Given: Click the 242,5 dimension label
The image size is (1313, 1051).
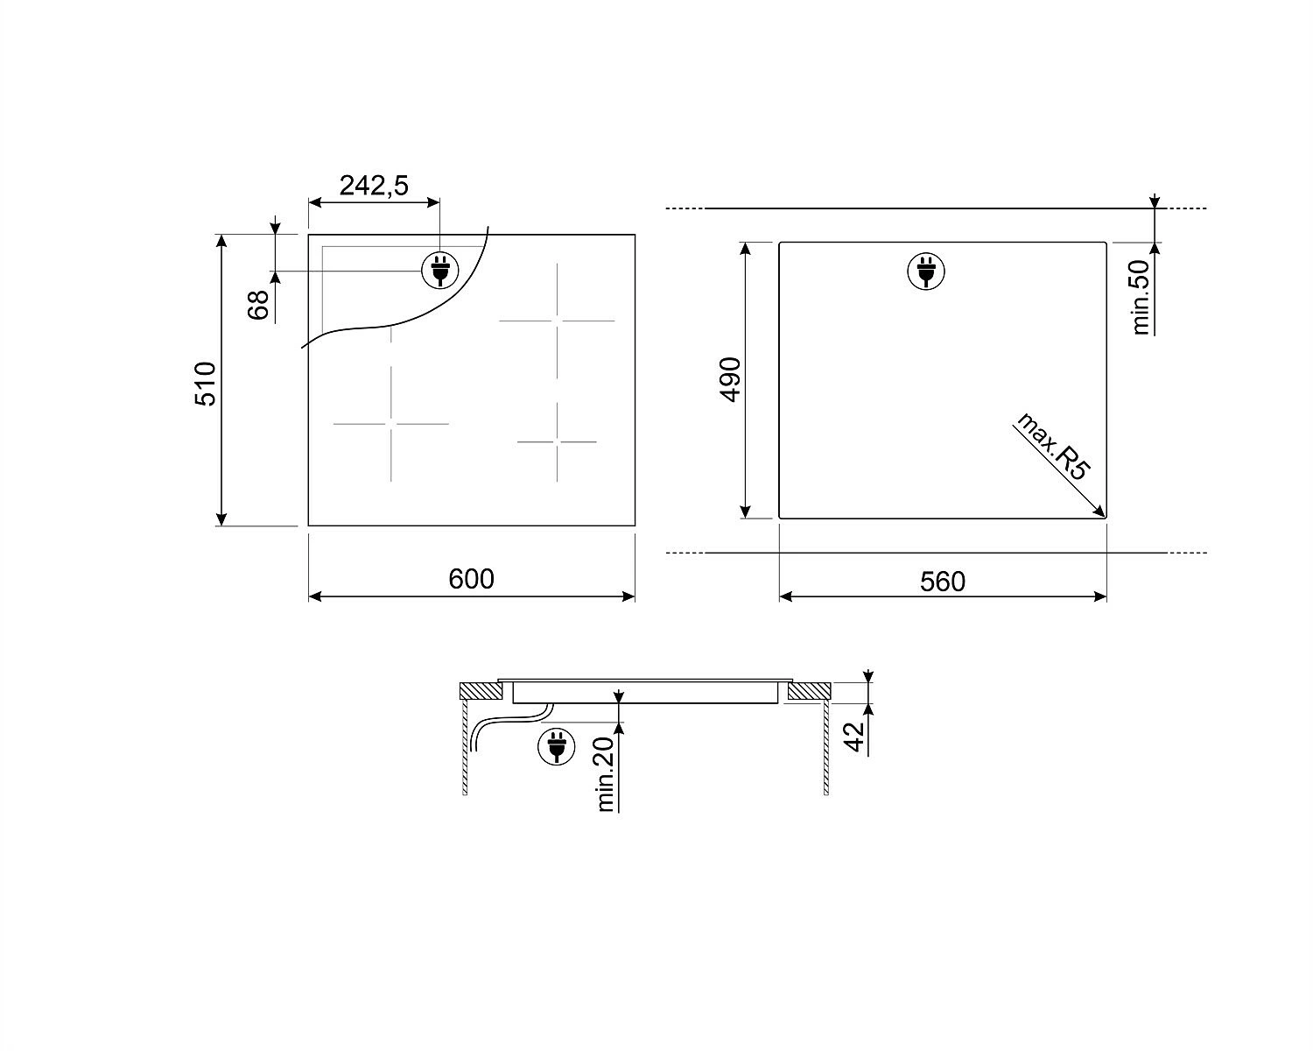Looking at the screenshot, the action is coord(374,186).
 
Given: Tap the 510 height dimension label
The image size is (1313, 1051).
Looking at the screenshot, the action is coord(206,384).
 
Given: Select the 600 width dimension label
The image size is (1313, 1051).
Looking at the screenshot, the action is coord(471,579).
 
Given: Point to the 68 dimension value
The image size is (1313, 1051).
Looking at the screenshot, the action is coord(258,305).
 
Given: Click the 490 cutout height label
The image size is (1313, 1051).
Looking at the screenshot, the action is coord(730,379).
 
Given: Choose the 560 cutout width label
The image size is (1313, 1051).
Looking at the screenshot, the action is coord(943,582).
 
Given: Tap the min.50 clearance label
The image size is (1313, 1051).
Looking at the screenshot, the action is coord(1140,298).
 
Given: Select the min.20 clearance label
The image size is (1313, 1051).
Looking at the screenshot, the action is coord(605,774).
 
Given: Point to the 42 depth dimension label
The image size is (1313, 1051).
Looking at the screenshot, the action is coord(854,737).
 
